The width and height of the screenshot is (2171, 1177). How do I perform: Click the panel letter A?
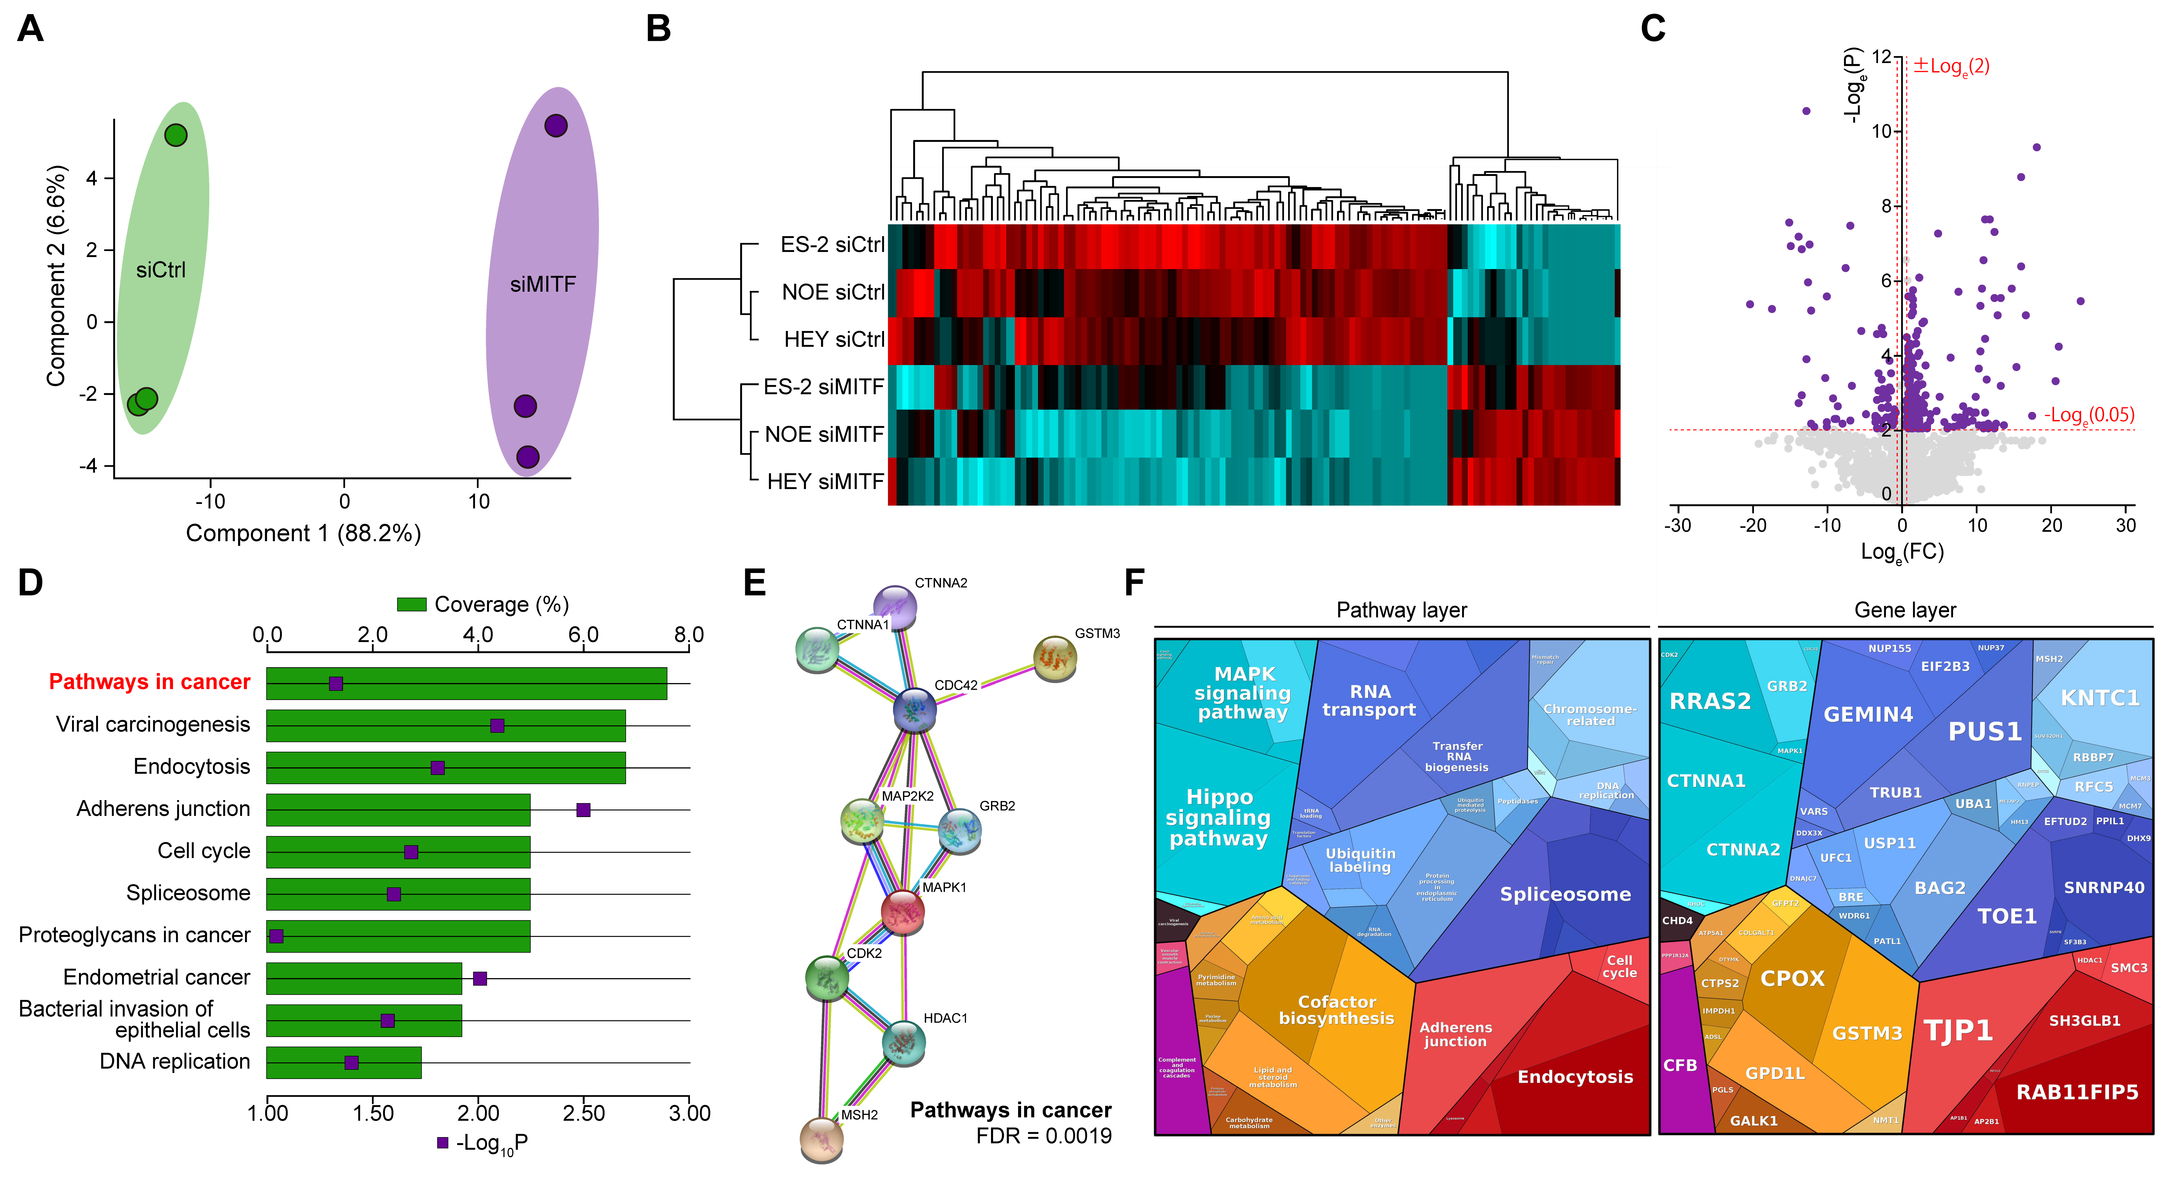point(30,29)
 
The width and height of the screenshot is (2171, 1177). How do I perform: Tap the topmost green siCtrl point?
point(175,135)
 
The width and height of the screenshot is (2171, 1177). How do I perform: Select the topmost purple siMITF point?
point(555,126)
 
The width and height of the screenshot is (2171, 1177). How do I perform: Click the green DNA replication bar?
point(344,1062)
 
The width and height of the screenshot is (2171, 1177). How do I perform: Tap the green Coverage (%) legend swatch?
point(411,604)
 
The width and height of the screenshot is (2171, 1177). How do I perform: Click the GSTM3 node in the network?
point(1054,659)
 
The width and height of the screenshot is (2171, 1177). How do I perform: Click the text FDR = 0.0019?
point(1043,1136)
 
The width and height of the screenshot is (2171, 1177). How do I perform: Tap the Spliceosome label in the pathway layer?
point(1565,895)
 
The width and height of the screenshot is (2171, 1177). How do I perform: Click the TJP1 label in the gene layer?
point(1958,1030)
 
